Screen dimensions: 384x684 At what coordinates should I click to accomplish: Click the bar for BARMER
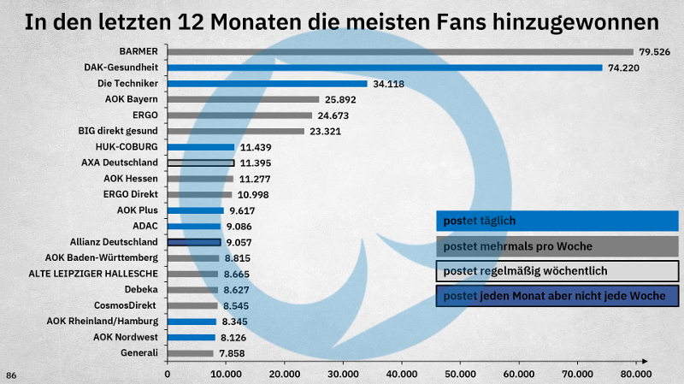(x=400, y=52)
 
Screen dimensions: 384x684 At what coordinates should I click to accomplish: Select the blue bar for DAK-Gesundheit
(x=385, y=68)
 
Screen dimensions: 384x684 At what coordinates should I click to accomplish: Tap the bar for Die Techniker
(x=267, y=84)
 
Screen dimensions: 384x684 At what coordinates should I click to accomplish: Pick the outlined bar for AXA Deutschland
(x=201, y=162)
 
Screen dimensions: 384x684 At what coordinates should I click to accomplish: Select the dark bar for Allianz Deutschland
(x=194, y=242)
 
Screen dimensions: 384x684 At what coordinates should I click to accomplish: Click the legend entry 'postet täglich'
(x=557, y=221)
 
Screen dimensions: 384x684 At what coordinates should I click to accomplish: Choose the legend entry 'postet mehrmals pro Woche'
(x=557, y=246)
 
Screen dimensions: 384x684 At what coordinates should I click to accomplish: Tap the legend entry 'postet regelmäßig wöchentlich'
(x=557, y=271)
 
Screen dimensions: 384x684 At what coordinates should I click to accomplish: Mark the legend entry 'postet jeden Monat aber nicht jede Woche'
(x=557, y=296)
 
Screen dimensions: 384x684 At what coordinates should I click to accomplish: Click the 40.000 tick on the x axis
(x=401, y=374)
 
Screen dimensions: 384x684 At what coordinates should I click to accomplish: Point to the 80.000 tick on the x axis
(x=635, y=374)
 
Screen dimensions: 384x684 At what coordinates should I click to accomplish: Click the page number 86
(x=11, y=375)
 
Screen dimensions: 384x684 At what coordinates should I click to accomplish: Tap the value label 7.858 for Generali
(x=235, y=353)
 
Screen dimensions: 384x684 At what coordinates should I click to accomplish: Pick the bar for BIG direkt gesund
(x=236, y=131)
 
